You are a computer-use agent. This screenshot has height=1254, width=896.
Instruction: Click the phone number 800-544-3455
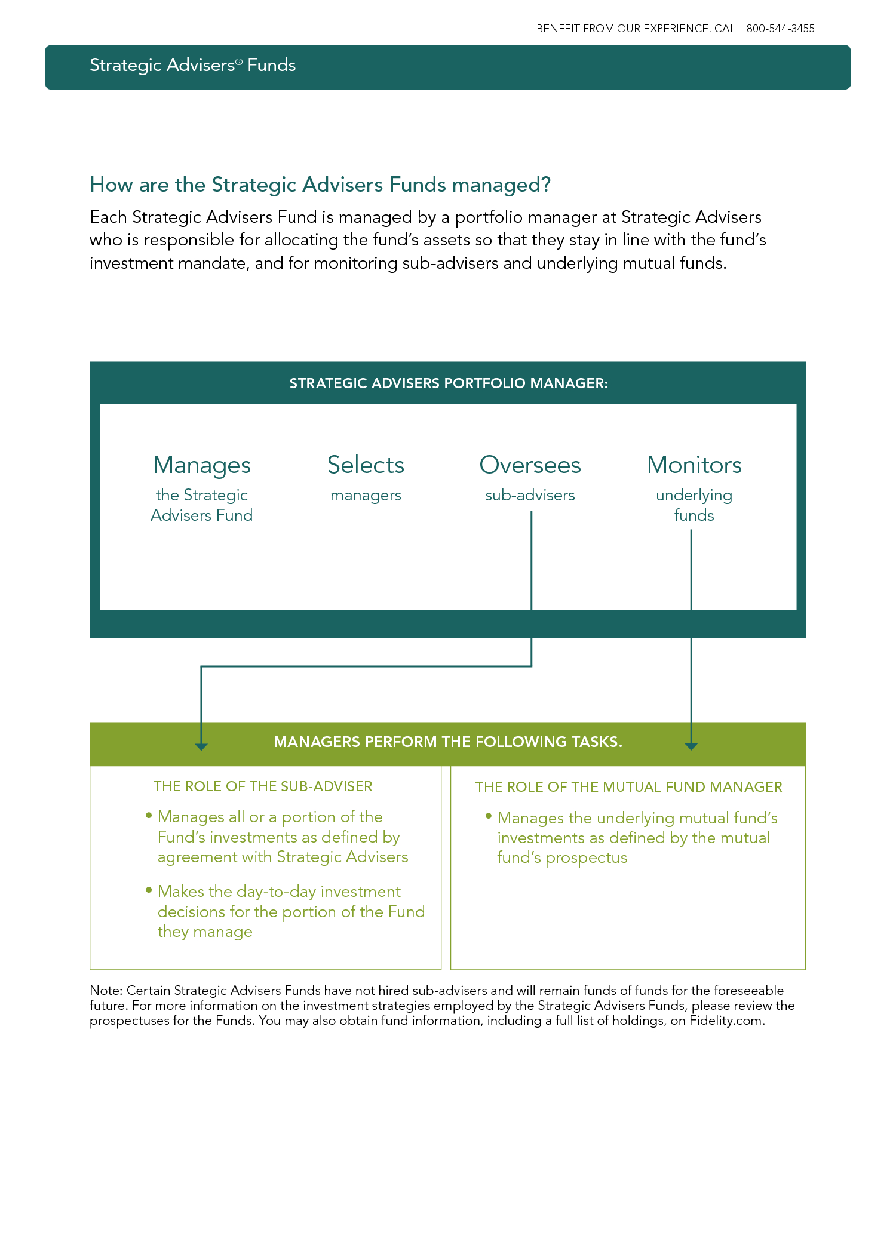pyautogui.click(x=780, y=29)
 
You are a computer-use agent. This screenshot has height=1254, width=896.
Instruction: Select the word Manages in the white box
pyautogui.click(x=202, y=466)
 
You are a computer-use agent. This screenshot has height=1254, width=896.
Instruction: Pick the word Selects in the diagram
pyautogui.click(x=366, y=465)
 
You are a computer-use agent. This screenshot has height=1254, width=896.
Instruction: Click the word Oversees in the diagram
pyautogui.click(x=530, y=465)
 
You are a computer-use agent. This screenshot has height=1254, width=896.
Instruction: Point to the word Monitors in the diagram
pyautogui.click(x=694, y=465)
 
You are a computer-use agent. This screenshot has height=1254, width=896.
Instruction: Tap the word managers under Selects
pyautogui.click(x=366, y=496)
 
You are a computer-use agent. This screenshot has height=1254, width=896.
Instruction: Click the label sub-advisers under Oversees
pyautogui.click(x=530, y=495)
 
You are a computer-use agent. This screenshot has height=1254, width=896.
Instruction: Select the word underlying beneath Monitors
pyautogui.click(x=694, y=496)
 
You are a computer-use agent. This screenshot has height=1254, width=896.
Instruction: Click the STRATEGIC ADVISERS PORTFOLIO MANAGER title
pyautogui.click(x=449, y=383)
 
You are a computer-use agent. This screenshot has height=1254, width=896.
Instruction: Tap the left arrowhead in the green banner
pyautogui.click(x=201, y=746)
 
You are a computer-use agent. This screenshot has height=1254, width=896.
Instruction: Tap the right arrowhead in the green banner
pyautogui.click(x=691, y=746)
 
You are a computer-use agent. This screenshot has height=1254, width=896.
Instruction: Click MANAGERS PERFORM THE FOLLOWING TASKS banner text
pyautogui.click(x=448, y=742)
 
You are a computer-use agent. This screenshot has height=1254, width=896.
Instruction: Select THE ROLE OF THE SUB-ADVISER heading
pyautogui.click(x=263, y=786)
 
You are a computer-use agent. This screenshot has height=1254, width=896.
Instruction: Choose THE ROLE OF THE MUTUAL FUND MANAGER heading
pyautogui.click(x=628, y=787)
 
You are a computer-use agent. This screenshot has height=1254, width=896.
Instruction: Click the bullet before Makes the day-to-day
pyautogui.click(x=149, y=890)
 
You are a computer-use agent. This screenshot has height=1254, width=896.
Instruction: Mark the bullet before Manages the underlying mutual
pyautogui.click(x=489, y=816)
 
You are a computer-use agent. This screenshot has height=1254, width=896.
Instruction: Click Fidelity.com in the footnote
pyautogui.click(x=726, y=1021)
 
